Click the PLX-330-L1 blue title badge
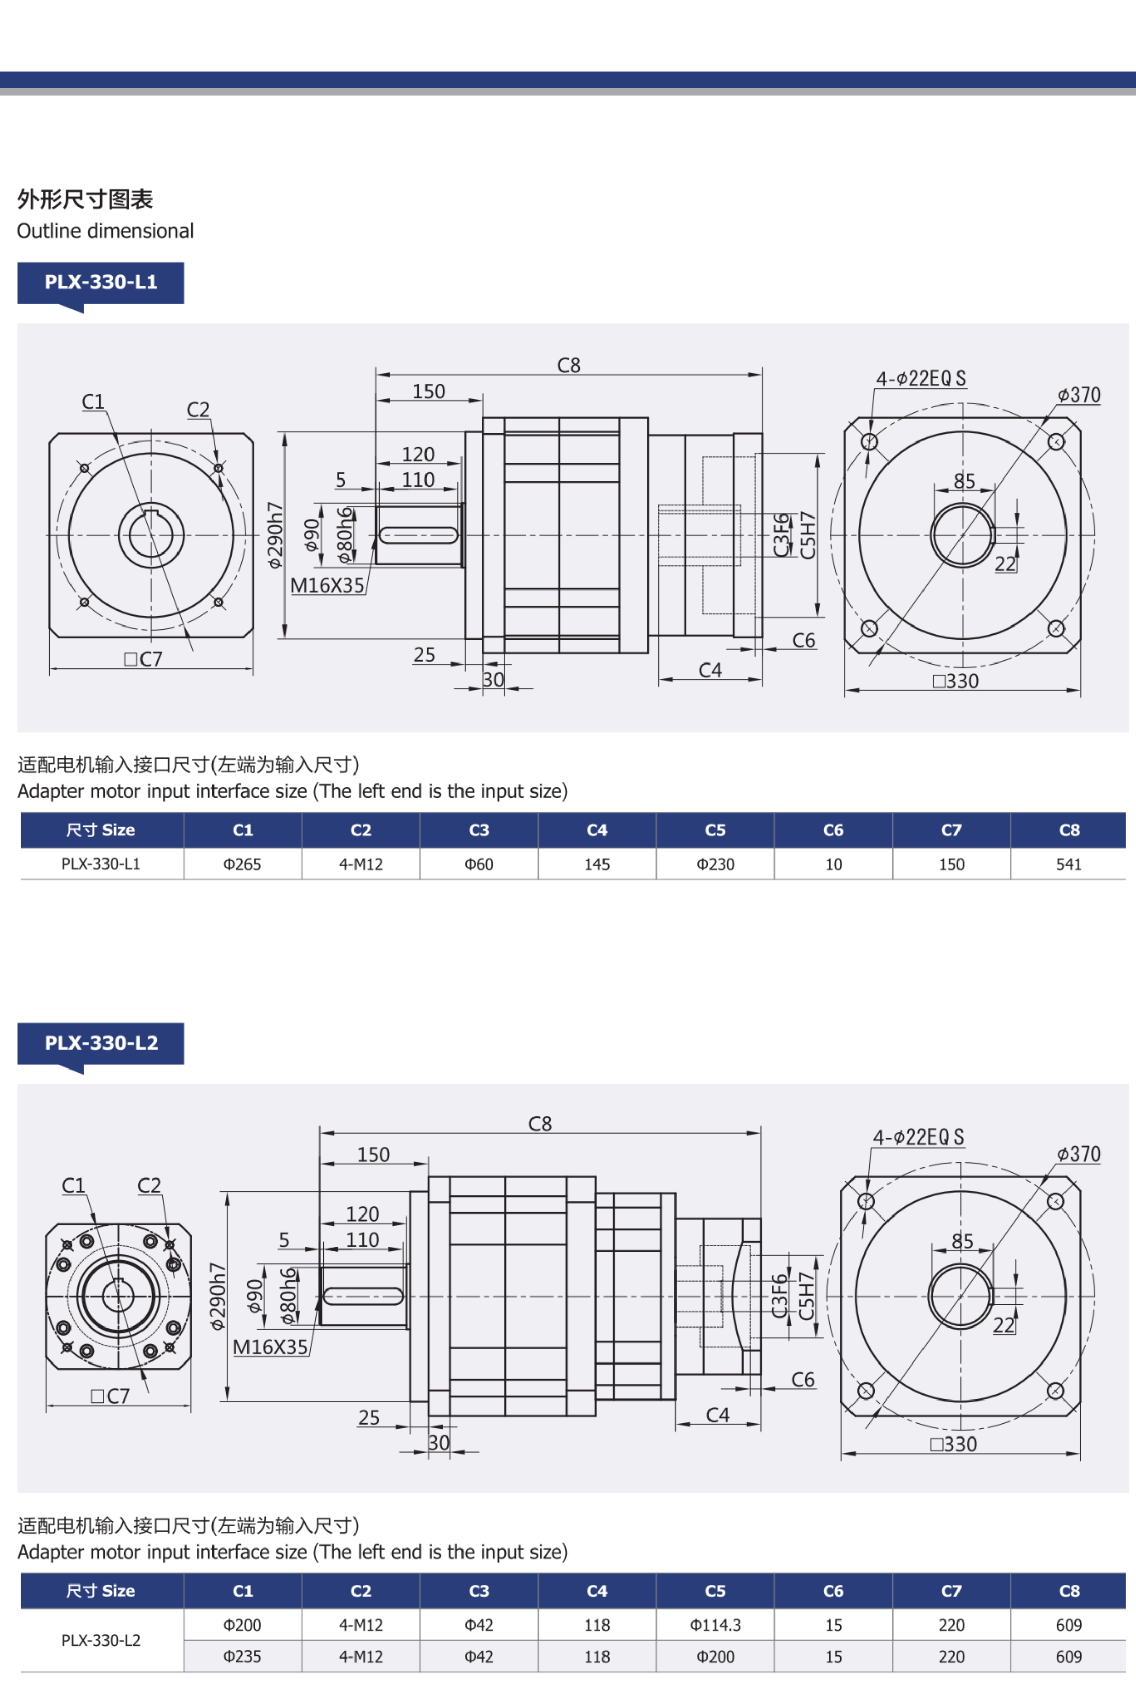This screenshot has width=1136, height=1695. (101, 282)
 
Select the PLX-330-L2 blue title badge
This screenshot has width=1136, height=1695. (101, 1043)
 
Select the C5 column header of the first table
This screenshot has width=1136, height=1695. (715, 830)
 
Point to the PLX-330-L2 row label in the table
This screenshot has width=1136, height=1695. (101, 1641)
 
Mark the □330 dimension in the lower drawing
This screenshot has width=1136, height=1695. (954, 1445)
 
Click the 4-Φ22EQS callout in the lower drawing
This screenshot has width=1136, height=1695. (918, 1137)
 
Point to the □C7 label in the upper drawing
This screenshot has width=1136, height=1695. (144, 659)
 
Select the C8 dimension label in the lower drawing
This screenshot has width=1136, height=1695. (540, 1124)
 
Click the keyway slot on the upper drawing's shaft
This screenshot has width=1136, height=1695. (419, 535)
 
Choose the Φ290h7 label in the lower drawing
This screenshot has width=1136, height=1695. (218, 1296)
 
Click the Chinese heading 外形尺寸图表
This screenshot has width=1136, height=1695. (85, 199)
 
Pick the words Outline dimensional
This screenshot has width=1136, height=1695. (105, 231)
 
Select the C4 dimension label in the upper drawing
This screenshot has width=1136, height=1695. (710, 671)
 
